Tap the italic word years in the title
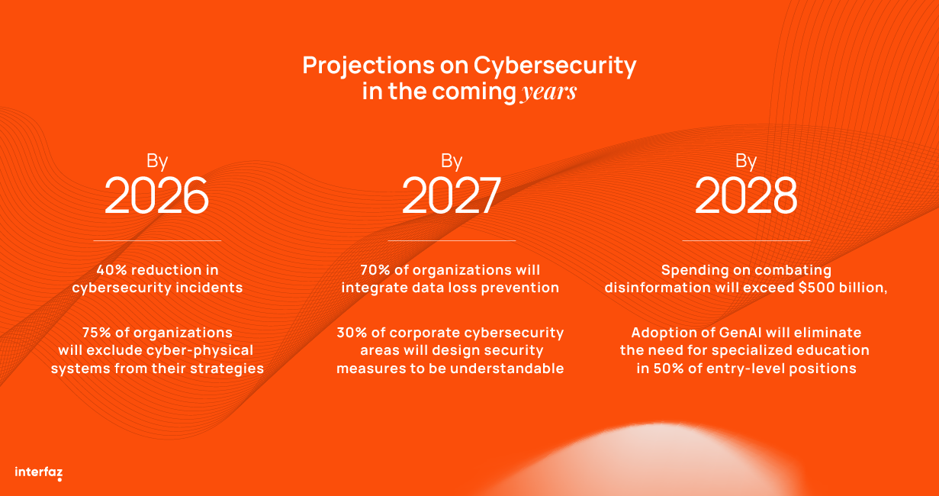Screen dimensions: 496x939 click(x=548, y=92)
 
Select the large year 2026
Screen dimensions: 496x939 click(x=156, y=195)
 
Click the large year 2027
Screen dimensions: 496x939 click(x=452, y=195)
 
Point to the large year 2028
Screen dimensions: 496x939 click(x=746, y=195)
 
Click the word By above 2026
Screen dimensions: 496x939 click(x=157, y=161)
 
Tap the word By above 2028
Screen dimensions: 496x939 click(x=746, y=161)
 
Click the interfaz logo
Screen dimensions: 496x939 click(x=38, y=472)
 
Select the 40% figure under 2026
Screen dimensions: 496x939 click(x=111, y=270)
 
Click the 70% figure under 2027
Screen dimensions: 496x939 click(x=374, y=270)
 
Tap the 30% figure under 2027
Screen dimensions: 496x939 click(x=351, y=333)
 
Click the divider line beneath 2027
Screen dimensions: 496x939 click(x=452, y=241)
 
